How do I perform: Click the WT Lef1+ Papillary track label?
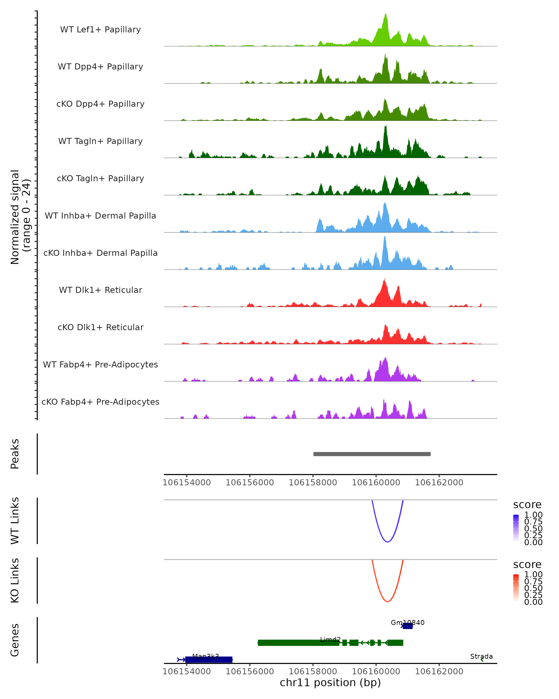coord(100,30)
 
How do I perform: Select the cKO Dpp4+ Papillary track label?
coord(100,104)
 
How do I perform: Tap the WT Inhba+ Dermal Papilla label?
coord(100,216)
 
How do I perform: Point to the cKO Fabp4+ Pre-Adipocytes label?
coord(100,402)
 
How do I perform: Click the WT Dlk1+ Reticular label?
coord(100,290)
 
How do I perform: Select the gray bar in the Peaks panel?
coord(372,454)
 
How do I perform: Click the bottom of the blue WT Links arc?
coord(387,542)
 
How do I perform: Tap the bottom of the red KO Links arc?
coord(387,601)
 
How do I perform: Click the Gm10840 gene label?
coord(407,623)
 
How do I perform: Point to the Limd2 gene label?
coord(330,640)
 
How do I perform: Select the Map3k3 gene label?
coord(205,657)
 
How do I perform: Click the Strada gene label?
coord(481,657)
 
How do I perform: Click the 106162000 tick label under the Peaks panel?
coord(439,483)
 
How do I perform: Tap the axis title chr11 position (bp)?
coord(330,683)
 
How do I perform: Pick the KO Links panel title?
coord(15,580)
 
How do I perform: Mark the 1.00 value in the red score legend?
coord(533,575)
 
